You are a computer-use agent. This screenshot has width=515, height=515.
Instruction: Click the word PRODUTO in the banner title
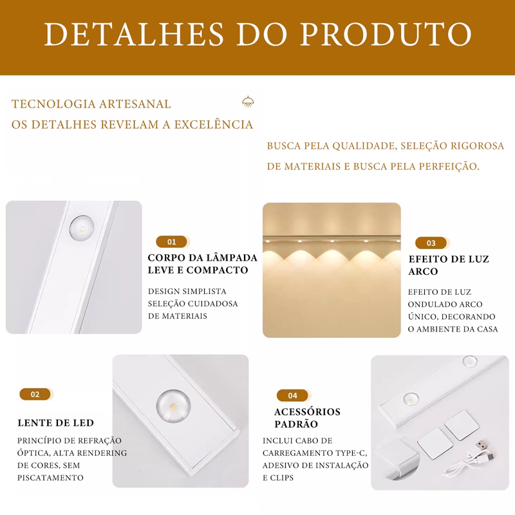pyautogui.click(x=386, y=34)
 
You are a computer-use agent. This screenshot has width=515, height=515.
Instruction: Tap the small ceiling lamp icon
pyautogui.click(x=248, y=102)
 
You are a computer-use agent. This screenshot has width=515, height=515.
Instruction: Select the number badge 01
pyautogui.click(x=171, y=242)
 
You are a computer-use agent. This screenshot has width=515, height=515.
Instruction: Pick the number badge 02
pyautogui.click(x=35, y=394)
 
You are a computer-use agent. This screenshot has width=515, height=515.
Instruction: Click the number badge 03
pyautogui.click(x=431, y=243)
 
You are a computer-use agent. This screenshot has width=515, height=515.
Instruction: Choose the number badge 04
pyautogui.click(x=292, y=395)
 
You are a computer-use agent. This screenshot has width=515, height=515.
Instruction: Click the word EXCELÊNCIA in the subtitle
pyautogui.click(x=214, y=124)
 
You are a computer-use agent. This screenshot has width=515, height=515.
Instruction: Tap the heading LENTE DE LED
pyautogui.click(x=56, y=423)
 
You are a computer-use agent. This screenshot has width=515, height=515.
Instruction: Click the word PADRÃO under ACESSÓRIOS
pyautogui.click(x=296, y=424)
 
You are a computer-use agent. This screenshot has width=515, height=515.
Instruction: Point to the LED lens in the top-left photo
pyautogui.click(x=82, y=228)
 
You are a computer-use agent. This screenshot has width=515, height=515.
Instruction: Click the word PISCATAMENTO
pyautogui.click(x=50, y=478)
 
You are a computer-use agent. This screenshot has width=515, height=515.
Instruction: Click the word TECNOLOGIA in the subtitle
pyautogui.click(x=53, y=104)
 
